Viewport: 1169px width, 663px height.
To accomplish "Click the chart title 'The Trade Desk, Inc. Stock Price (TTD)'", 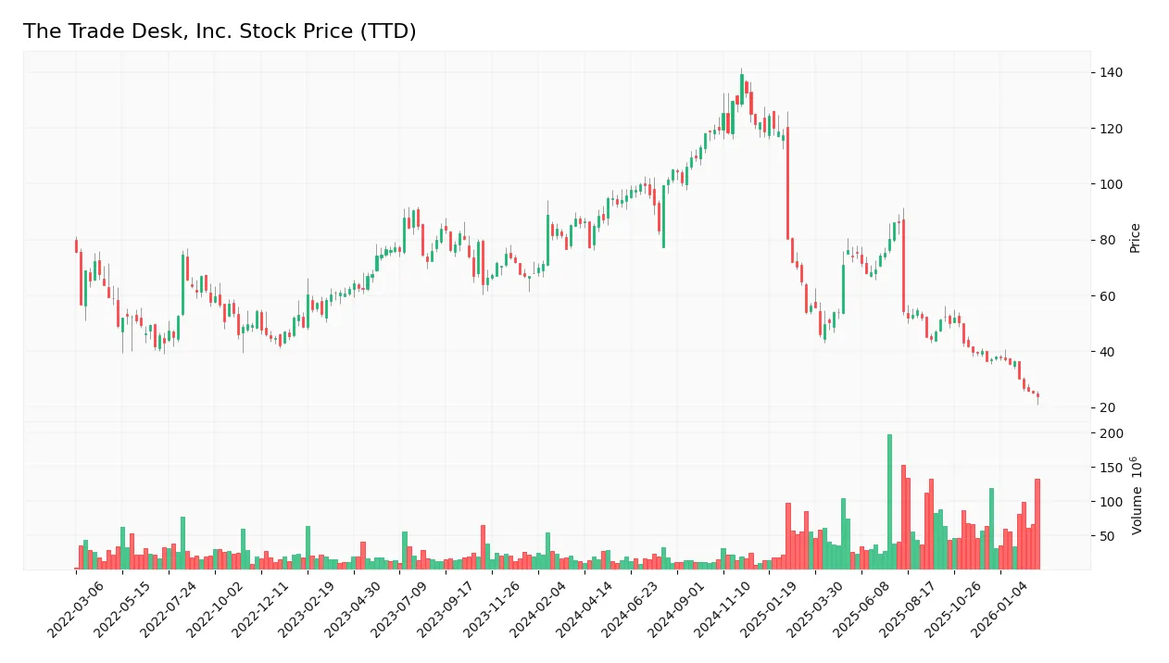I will pos(220,31).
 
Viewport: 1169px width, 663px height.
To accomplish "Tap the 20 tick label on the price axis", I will pos(1107,407).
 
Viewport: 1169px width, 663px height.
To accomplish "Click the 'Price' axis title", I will pos(1135,238).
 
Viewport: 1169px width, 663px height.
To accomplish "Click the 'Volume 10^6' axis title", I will pos(1137,495).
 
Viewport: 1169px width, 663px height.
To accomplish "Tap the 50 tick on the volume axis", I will pos(1107,536).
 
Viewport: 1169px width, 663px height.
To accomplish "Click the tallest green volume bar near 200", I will pos(889,501).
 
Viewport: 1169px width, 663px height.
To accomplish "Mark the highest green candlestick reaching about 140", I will pos(741,89).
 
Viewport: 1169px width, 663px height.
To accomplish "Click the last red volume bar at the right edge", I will pos(1037,523).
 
